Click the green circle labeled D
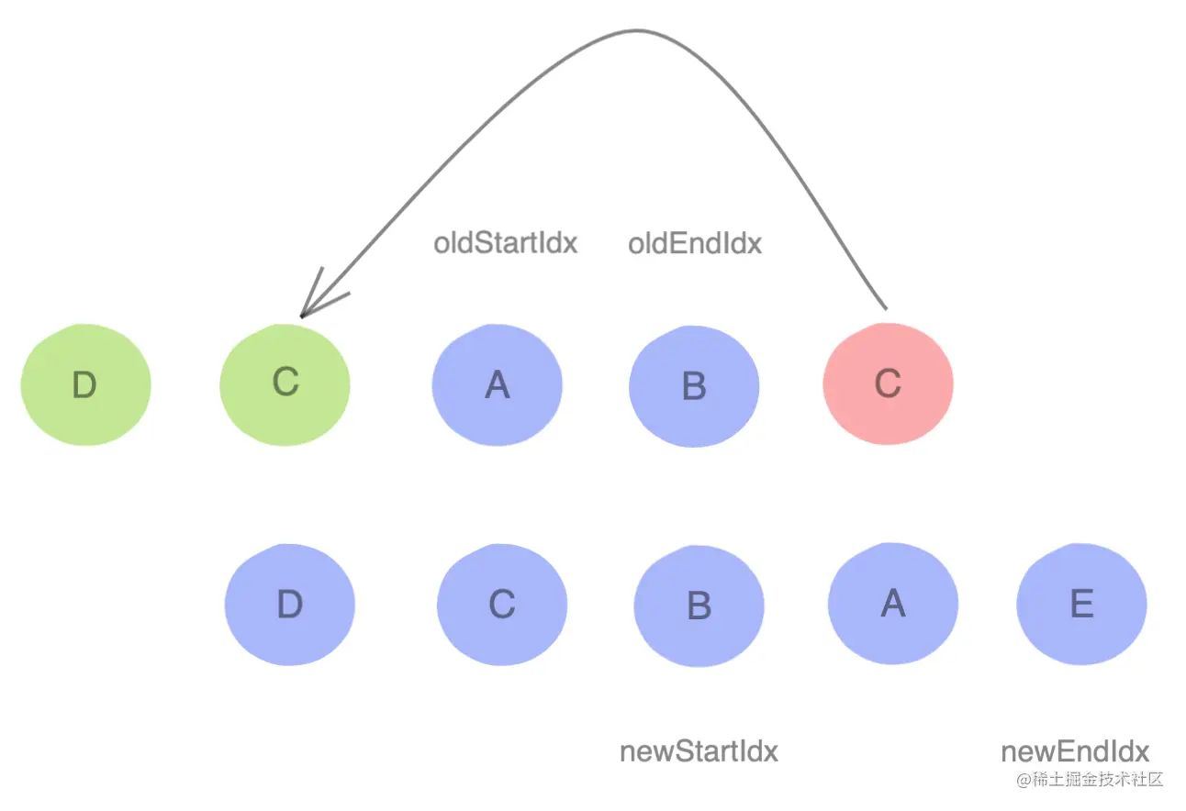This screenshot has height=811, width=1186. click(85, 385)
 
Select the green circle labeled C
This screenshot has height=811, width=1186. click(285, 383)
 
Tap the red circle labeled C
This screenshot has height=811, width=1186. click(888, 383)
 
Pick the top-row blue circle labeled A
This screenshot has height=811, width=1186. click(497, 385)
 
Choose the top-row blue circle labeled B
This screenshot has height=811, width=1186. click(694, 385)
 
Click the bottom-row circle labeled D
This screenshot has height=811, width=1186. click(289, 605)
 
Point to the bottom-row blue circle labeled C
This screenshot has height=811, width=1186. click(501, 605)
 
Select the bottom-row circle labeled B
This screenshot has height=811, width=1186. click(699, 605)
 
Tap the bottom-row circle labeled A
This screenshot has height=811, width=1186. click(892, 604)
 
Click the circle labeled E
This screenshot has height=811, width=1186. click(1081, 605)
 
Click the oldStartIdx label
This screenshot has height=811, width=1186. click(505, 244)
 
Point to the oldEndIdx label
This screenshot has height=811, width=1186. click(695, 244)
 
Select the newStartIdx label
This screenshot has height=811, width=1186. click(699, 751)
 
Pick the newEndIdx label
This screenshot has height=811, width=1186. click(1075, 751)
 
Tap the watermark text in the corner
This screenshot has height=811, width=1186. click(1089, 780)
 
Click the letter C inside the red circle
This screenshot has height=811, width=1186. click(888, 383)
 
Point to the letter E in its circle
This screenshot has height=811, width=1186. click(1081, 605)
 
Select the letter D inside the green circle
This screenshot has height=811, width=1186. click(84, 386)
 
